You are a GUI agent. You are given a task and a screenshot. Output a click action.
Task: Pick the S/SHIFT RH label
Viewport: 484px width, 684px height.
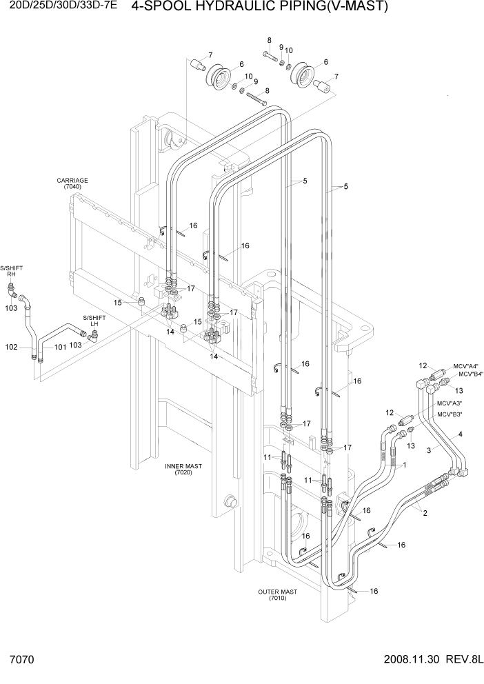11,270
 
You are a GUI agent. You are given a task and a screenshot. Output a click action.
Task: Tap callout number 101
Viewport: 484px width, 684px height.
60,347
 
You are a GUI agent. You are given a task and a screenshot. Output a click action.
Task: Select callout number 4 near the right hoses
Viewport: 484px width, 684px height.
460,434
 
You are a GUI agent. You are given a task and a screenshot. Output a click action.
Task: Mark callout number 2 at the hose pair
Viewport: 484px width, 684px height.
425,512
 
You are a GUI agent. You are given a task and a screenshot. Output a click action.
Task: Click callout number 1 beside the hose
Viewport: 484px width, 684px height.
404,465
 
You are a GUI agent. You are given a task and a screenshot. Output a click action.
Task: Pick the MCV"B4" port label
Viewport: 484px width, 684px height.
468,374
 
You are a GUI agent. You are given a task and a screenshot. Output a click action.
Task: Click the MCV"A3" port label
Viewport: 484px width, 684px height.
448,403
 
